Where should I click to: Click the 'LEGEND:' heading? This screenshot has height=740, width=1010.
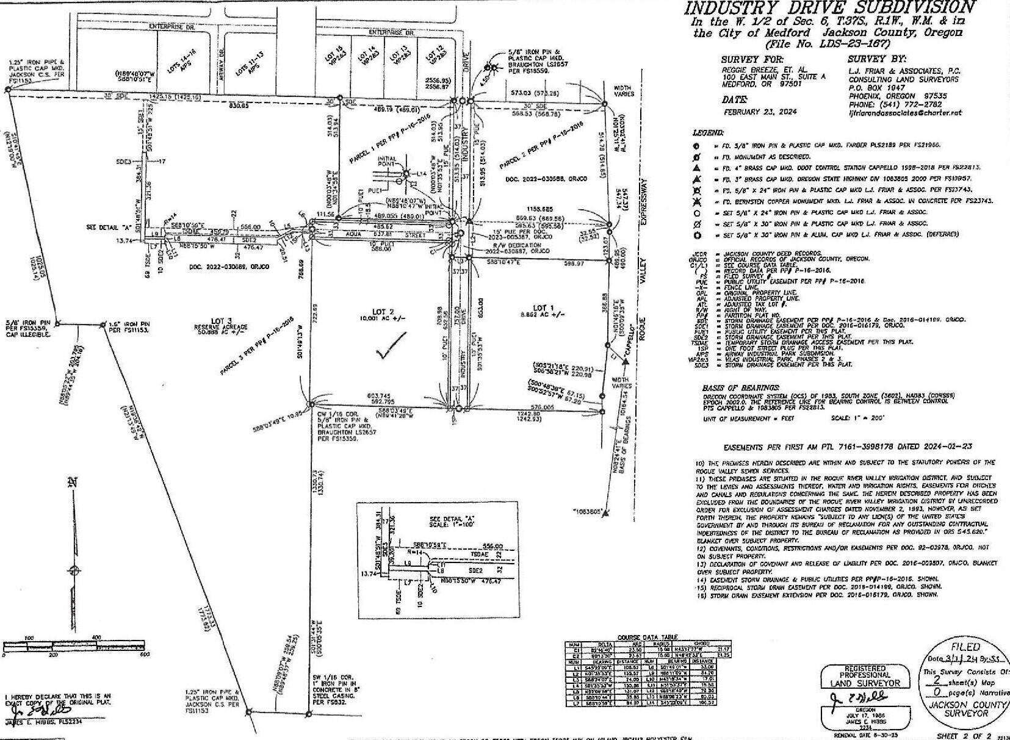tap(709, 132)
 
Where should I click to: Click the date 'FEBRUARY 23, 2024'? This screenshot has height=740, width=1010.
tap(760, 112)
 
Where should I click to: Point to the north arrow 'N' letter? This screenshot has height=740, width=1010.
tap(73, 482)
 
